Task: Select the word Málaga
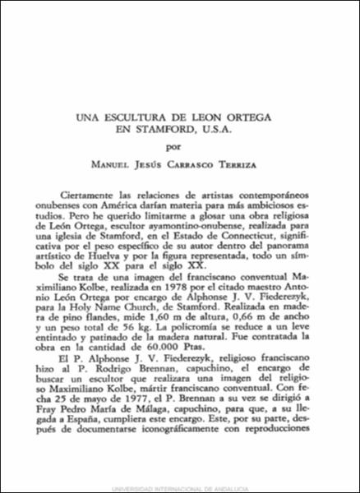coord(182,465)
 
